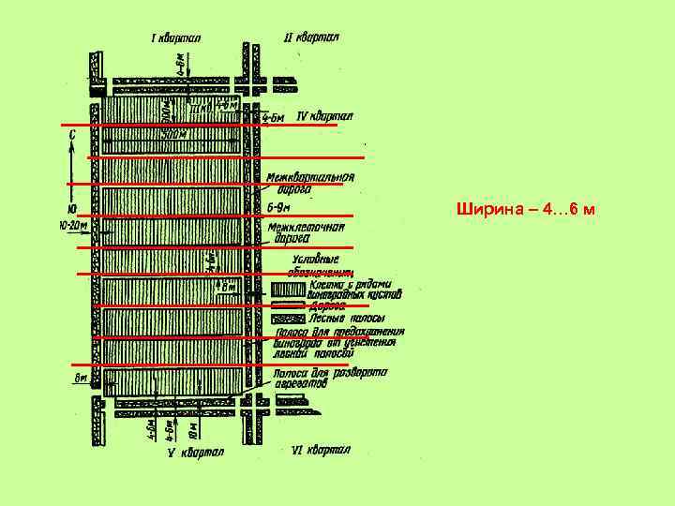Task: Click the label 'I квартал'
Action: (182, 38)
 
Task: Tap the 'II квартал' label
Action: (311, 38)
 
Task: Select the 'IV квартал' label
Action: (323, 117)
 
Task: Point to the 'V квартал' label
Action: (195, 453)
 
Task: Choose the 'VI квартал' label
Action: (320, 451)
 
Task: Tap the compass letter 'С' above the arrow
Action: (72, 135)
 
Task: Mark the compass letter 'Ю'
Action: (72, 209)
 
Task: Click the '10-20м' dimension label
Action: (73, 226)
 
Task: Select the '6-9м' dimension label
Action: (279, 206)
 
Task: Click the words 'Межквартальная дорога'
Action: (309, 182)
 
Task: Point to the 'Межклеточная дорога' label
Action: (306, 231)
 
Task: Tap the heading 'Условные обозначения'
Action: (315, 264)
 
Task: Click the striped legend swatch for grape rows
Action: (287, 289)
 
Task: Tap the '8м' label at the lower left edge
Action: (80, 379)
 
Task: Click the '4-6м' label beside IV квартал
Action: (274, 118)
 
